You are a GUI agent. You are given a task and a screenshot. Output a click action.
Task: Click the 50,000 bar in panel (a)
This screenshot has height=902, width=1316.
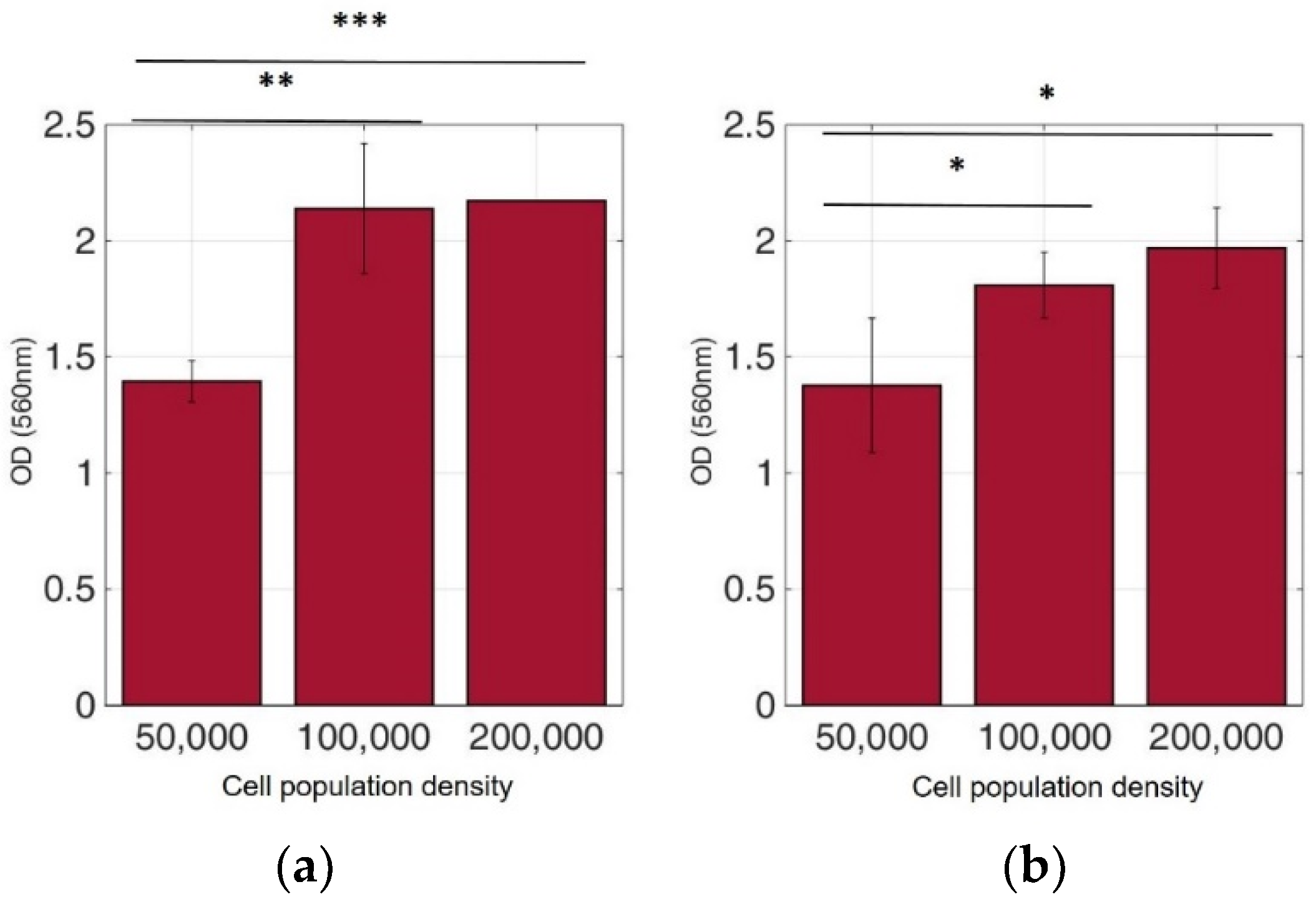point(192,543)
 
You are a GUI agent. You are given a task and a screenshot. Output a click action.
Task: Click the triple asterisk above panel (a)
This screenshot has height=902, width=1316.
point(360,22)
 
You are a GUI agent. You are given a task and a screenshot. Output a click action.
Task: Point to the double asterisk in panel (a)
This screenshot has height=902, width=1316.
point(276,81)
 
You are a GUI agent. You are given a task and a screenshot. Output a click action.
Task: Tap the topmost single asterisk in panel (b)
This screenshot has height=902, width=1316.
point(1046,94)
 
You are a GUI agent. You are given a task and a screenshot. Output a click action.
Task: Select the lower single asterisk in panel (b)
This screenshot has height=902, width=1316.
point(957,166)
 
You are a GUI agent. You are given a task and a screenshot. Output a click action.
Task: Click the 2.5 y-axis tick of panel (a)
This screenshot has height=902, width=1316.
point(69,127)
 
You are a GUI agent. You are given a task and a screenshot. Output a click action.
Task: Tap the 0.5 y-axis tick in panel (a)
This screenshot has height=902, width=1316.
point(69,589)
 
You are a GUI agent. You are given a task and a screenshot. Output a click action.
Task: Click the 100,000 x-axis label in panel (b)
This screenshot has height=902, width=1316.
point(1044,737)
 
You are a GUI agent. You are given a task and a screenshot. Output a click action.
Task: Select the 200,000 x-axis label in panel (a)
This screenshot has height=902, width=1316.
point(536,737)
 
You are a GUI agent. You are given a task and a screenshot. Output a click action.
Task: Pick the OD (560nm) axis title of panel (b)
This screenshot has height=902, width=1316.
point(701,412)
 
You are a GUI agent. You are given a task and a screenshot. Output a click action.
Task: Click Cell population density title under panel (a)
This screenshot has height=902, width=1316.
point(367,787)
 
